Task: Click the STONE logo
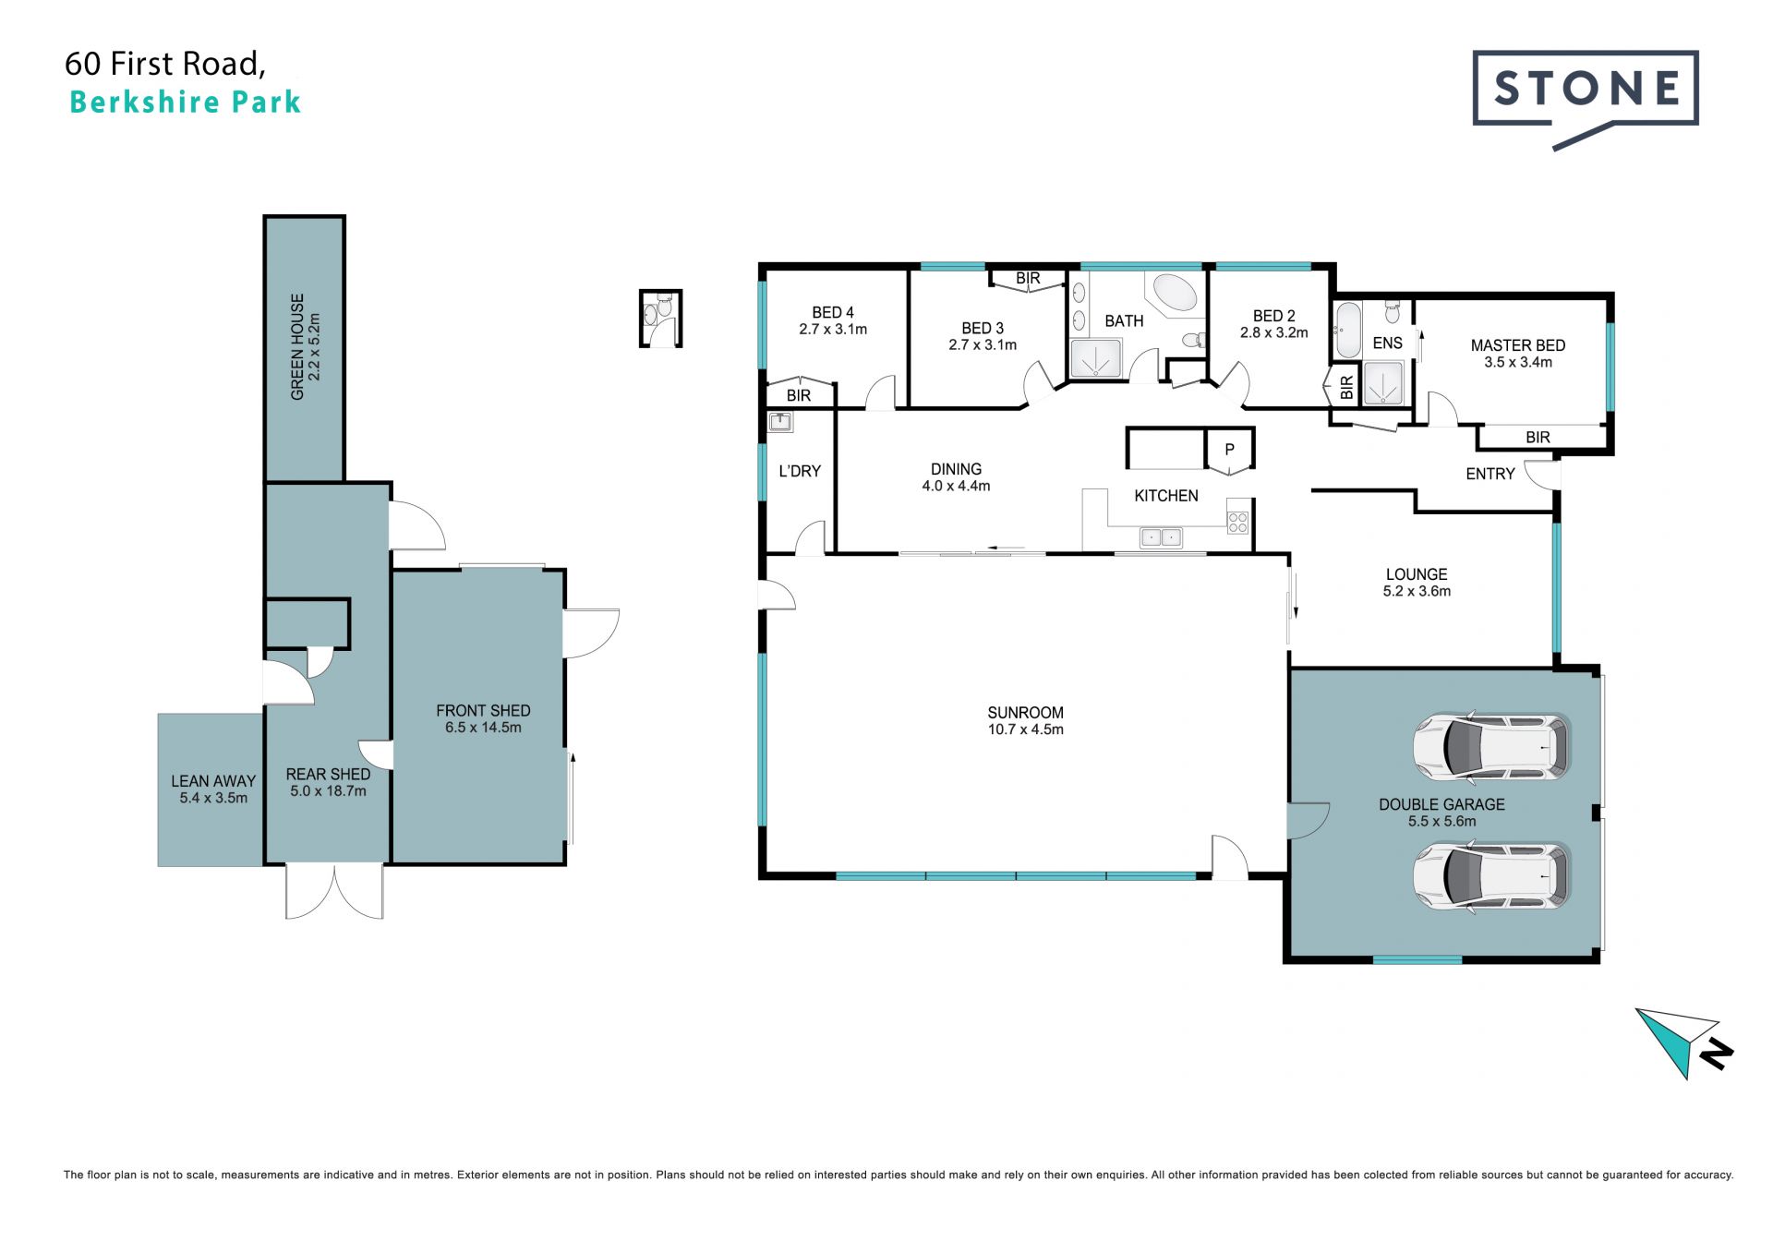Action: pos(1586,98)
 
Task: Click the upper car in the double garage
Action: pos(1490,745)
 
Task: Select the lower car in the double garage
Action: pos(1490,874)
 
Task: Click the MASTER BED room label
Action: pos(1518,345)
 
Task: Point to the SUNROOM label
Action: pos(1025,713)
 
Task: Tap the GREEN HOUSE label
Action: pos(297,347)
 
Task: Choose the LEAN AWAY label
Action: pos(213,781)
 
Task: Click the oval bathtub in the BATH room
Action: pos(1175,293)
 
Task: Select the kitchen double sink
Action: pos(1160,536)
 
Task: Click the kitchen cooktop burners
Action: pos(1237,523)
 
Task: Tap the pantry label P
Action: pos(1229,450)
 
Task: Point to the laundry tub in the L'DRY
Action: pos(781,422)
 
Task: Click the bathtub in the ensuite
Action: pos(1347,330)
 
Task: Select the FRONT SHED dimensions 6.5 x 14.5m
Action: pos(483,728)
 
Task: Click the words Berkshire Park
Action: pos(186,102)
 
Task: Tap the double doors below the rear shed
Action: pos(334,892)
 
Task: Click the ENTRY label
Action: pos(1490,474)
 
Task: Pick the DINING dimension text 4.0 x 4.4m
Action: pos(956,486)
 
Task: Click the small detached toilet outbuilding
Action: pos(660,319)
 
